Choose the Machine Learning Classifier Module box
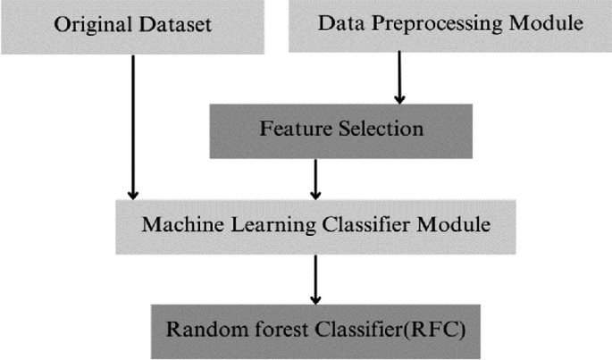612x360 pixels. tap(315, 224)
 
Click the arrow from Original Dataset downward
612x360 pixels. tap(133, 125)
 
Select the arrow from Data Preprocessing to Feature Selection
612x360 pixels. tap(399, 78)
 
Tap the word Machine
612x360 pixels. tap(175, 224)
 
